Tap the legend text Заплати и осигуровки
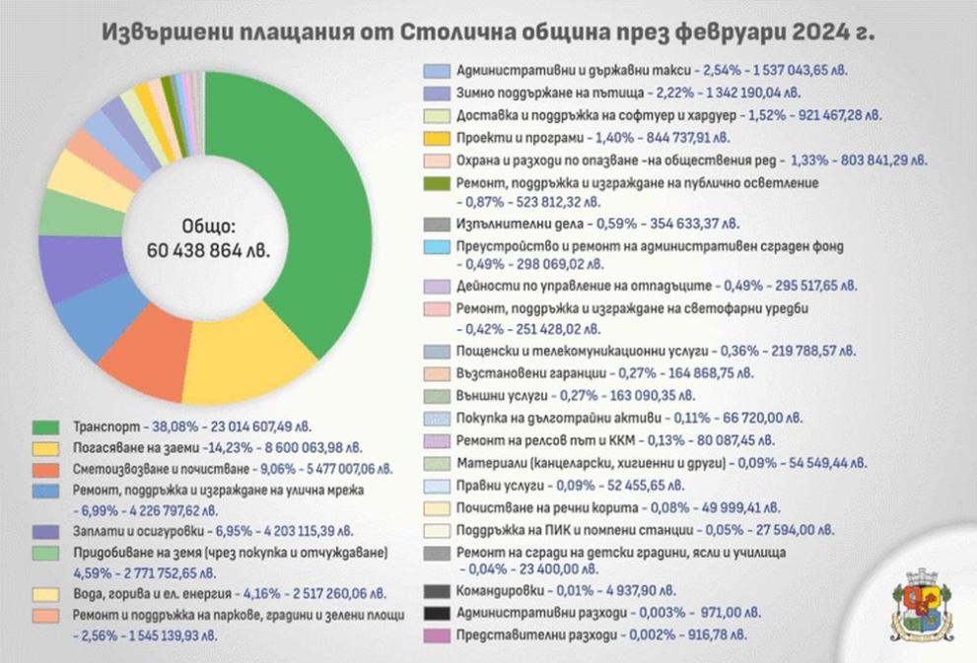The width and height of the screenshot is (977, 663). [x=134, y=532]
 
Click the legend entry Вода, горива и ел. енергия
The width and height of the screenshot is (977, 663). [x=149, y=594]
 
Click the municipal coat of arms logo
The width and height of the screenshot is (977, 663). [x=922, y=603]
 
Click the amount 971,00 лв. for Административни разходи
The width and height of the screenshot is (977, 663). [x=674, y=614]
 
